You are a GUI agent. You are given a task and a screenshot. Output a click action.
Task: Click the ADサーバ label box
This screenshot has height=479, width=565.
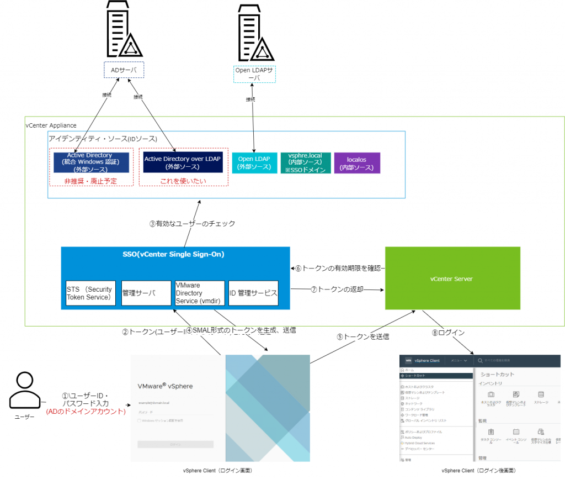(x=124, y=70)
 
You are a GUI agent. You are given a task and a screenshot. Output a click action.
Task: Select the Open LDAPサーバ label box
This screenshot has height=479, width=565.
(x=254, y=74)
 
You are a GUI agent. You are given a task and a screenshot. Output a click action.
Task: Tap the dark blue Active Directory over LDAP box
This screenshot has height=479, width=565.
(x=183, y=162)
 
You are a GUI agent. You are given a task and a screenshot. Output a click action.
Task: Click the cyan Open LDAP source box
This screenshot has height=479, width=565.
(x=253, y=162)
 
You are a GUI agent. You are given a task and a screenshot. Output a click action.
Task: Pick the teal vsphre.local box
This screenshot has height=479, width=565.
(x=305, y=162)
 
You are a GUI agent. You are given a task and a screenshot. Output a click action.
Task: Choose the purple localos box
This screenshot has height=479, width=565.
(x=356, y=163)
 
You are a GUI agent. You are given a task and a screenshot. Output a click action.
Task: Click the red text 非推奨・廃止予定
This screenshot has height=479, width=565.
(x=92, y=181)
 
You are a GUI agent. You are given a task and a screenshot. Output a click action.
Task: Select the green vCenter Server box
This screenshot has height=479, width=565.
(x=452, y=278)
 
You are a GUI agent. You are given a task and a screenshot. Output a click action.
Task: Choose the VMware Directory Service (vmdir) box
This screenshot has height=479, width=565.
(x=199, y=293)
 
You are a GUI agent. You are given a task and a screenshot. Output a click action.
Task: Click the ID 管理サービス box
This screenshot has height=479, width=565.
(x=253, y=293)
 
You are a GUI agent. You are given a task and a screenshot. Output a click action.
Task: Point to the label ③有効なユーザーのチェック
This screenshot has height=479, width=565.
(x=192, y=224)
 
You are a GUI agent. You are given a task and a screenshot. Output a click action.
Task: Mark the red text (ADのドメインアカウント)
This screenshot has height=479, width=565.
(x=86, y=411)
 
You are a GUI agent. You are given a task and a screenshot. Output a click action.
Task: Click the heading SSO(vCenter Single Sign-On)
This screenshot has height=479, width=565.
(x=173, y=255)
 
